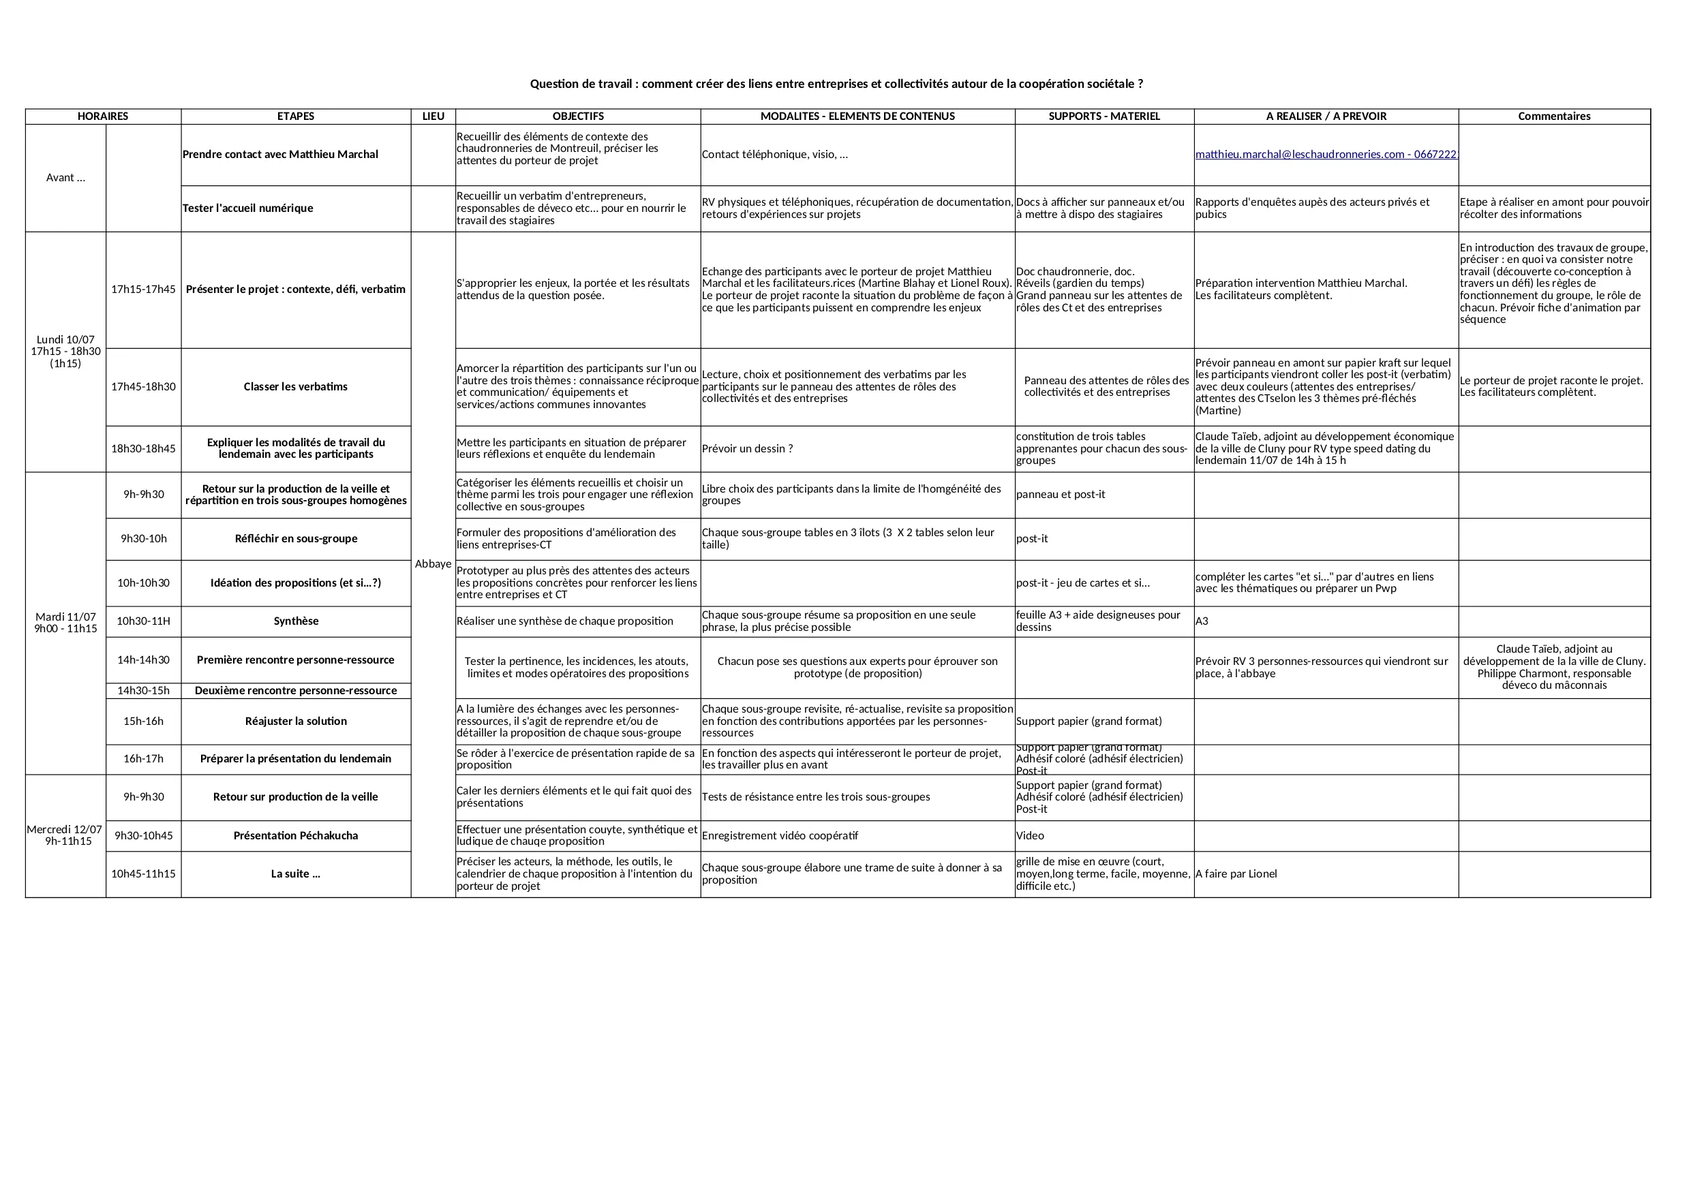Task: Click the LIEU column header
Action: tap(433, 117)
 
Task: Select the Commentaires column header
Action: tap(1554, 117)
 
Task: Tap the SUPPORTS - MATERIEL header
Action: tap(1104, 117)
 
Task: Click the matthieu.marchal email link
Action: tap(1326, 155)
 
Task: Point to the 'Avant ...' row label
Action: tap(65, 177)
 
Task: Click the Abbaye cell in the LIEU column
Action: tap(433, 564)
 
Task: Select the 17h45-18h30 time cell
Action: tap(144, 386)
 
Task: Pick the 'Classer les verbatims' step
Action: tap(295, 386)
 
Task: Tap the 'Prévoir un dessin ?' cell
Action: tap(748, 448)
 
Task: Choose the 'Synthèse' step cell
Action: tap(295, 621)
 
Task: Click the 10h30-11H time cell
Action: tap(144, 621)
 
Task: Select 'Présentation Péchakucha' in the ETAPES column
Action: tap(295, 836)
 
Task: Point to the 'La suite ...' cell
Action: tap(295, 874)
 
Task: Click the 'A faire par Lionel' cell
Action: tap(1236, 874)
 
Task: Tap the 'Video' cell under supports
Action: tap(1031, 836)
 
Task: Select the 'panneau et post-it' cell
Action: tap(1061, 495)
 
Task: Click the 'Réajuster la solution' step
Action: tap(295, 721)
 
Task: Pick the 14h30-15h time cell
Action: tap(144, 691)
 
